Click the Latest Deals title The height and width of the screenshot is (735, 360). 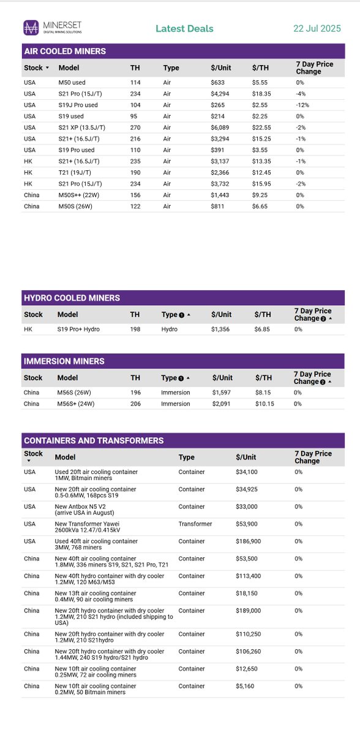(x=184, y=29)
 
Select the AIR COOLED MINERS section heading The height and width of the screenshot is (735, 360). (x=64, y=51)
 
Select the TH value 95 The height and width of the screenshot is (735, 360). (x=134, y=116)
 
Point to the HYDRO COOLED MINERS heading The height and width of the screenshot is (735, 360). (x=72, y=298)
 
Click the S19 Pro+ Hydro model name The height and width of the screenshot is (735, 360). (x=78, y=330)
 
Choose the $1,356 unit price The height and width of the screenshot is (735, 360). (x=221, y=330)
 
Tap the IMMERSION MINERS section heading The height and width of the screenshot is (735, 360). (x=64, y=361)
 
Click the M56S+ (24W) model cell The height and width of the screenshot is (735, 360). (x=76, y=404)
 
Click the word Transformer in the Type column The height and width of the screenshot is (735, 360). (x=195, y=524)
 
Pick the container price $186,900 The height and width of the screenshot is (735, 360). (x=249, y=541)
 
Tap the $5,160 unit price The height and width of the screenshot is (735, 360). (x=246, y=686)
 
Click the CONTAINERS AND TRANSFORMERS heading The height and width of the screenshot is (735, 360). (x=93, y=440)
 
